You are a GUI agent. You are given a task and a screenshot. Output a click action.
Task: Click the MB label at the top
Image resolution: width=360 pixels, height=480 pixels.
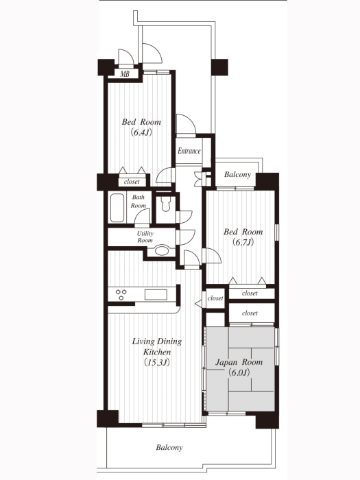[125, 74]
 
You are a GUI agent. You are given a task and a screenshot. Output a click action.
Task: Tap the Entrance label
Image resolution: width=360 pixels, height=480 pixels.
[189, 151]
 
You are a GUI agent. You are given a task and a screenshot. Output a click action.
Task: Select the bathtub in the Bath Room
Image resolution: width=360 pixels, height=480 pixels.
[117, 208]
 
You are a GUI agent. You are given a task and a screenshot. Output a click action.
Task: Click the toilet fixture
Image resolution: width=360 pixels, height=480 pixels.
[166, 204]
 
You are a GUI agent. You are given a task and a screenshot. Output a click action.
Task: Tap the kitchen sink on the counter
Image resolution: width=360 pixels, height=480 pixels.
[156, 294]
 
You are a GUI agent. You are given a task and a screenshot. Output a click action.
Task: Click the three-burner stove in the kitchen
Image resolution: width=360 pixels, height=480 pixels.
[121, 294]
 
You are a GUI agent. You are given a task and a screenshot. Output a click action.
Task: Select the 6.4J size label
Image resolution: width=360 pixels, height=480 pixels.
[141, 132]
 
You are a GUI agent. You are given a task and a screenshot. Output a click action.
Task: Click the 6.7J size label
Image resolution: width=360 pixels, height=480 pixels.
[243, 242]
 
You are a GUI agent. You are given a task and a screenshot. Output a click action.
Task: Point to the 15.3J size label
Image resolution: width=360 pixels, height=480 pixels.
[157, 363]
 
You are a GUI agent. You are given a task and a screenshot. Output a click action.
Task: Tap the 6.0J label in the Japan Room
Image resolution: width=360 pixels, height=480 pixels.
[239, 372]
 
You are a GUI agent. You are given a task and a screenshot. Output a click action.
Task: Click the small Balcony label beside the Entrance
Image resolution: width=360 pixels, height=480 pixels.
[237, 174]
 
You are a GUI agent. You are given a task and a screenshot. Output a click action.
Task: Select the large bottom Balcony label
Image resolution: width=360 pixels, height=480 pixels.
[169, 448]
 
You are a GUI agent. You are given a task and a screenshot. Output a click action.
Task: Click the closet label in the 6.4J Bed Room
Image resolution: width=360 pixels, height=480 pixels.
[132, 182]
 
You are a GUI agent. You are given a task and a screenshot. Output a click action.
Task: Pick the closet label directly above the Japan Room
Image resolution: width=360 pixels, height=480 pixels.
[250, 313]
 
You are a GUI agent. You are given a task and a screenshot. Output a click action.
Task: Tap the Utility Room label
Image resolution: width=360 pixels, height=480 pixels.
[145, 237]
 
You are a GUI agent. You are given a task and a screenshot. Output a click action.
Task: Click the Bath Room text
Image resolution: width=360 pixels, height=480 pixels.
[139, 201]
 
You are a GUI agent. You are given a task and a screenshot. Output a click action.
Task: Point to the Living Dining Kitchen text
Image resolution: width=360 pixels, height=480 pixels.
[157, 346]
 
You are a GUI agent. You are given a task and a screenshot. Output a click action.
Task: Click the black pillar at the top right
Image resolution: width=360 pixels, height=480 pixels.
[219, 67]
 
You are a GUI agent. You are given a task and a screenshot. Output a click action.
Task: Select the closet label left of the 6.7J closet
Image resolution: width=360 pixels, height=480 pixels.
[215, 298]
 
